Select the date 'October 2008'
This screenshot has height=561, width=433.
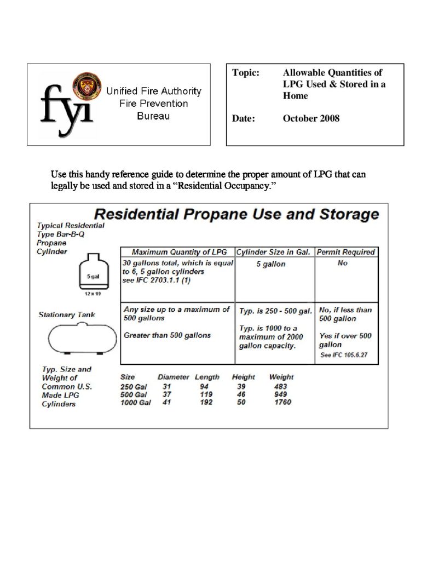311,118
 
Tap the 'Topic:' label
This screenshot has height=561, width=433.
245,73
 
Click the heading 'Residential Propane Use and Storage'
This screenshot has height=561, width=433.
236,214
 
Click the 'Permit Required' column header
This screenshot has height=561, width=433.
346,252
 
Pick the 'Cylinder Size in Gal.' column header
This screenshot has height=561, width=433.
274,252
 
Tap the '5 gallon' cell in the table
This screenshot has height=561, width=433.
271,264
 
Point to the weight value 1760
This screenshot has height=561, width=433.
282,402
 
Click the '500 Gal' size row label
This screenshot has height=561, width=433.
134,394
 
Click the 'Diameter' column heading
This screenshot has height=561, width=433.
173,377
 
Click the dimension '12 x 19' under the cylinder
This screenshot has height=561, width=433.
92,294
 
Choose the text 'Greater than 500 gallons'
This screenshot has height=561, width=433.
167,335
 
